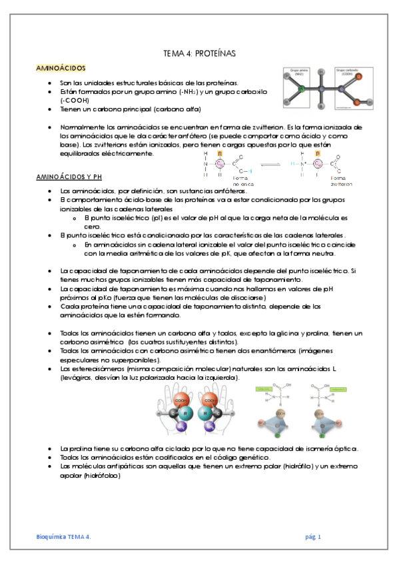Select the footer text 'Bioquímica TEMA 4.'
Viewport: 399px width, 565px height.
[x=63, y=536]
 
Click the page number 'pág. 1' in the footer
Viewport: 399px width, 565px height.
[x=313, y=536]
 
